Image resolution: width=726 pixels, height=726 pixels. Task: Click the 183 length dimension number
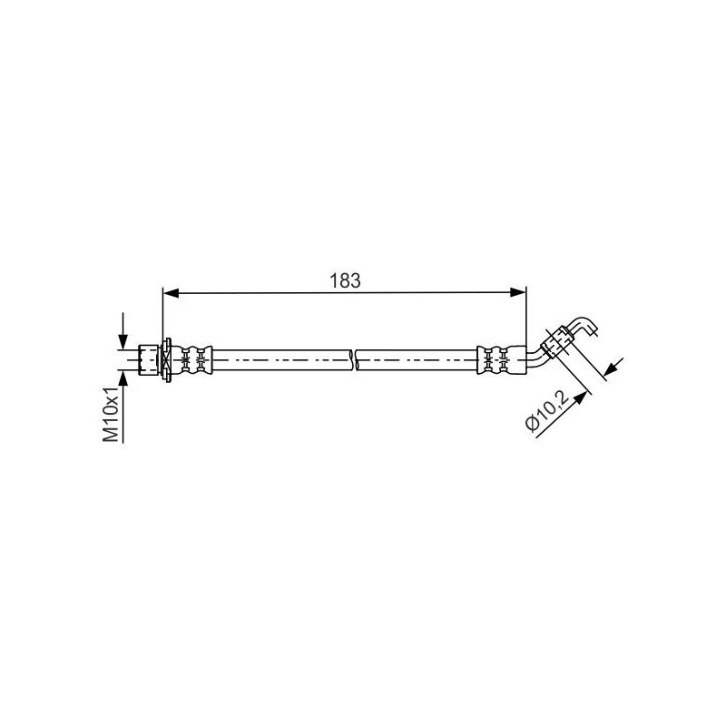pyautogui.click(x=345, y=280)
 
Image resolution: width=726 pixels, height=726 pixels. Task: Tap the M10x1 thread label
pyautogui.click(x=111, y=413)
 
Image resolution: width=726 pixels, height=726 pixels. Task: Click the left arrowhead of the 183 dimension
pyautogui.click(x=169, y=291)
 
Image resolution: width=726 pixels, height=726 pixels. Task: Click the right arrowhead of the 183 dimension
pyautogui.click(x=519, y=291)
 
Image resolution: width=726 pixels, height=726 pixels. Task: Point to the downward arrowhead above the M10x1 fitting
pyautogui.click(x=122, y=339)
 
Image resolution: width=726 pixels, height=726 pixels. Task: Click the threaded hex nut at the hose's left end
pyautogui.click(x=150, y=359)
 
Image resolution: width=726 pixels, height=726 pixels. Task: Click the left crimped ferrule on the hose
pyautogui.click(x=195, y=359)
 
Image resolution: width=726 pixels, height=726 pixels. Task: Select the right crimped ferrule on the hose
pyautogui.click(x=493, y=359)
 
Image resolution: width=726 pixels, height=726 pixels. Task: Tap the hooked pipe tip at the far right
pyautogui.click(x=586, y=325)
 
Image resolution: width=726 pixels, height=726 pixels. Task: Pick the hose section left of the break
pyautogui.click(x=281, y=359)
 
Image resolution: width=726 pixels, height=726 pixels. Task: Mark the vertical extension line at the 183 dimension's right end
pyautogui.click(x=525, y=318)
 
